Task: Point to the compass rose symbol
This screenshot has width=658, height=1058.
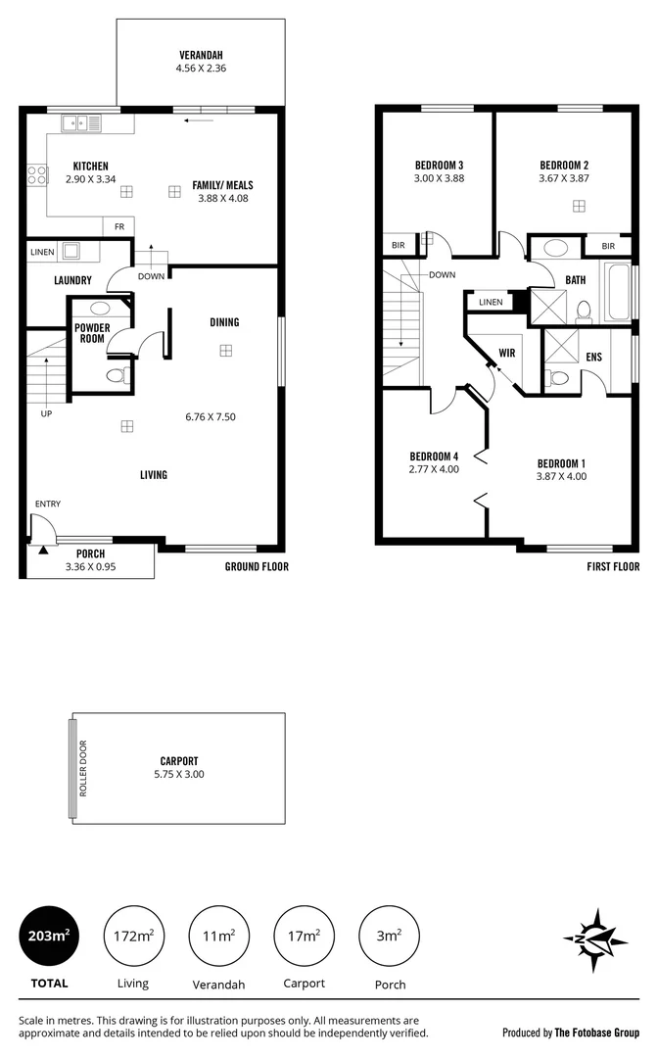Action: point(595,939)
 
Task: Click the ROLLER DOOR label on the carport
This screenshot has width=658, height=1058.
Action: point(83,767)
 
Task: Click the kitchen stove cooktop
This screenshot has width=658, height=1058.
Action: point(36,175)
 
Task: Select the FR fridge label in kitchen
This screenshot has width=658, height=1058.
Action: point(118,227)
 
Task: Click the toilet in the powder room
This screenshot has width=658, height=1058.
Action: point(115,374)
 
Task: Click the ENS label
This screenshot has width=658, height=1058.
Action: point(593,359)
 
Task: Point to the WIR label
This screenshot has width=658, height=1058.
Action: point(507,352)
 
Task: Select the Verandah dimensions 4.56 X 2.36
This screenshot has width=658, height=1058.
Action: point(200,69)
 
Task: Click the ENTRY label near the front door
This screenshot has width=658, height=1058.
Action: point(48,505)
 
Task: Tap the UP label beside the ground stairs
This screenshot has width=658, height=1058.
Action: point(46,413)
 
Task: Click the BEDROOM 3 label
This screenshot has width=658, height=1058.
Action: point(439,165)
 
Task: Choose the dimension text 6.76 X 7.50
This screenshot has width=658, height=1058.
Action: point(211,416)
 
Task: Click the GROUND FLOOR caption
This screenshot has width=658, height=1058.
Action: point(257,566)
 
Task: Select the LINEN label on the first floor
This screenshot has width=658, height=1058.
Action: point(492,303)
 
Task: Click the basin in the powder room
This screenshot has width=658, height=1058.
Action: point(99,308)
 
